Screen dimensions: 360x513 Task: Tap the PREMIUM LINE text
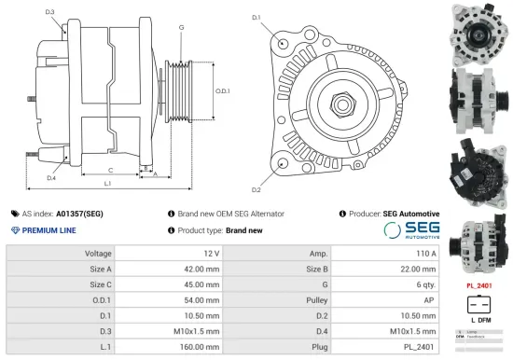(49, 230)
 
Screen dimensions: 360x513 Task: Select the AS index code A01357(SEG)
(80, 214)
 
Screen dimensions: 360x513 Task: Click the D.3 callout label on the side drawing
(49, 12)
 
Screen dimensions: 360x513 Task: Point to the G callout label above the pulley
(180, 28)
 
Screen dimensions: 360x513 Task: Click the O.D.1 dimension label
(222, 90)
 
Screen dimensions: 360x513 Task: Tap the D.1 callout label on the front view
(256, 18)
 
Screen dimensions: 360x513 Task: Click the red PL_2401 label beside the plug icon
(478, 284)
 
